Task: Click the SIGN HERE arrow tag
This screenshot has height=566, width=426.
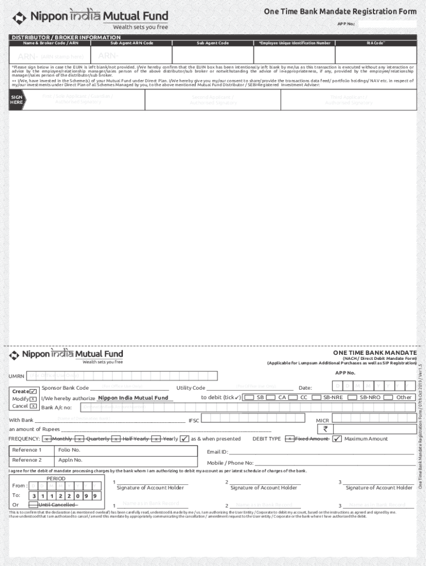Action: (x=17, y=99)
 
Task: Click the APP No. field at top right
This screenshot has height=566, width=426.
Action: (x=387, y=24)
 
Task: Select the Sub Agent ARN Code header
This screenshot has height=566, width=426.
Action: (x=132, y=43)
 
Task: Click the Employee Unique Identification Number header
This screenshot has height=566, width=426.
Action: (x=294, y=43)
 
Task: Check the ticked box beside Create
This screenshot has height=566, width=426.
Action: (x=33, y=391)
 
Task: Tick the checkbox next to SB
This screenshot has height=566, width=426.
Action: (x=249, y=397)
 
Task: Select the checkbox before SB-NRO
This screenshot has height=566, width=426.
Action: (x=354, y=397)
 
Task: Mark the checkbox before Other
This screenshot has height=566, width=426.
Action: (x=388, y=397)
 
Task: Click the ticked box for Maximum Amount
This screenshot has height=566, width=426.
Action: (x=337, y=439)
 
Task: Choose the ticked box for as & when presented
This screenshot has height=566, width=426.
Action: (x=184, y=439)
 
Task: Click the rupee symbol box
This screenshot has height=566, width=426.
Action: (x=326, y=428)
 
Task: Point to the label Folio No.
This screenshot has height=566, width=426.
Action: (x=70, y=450)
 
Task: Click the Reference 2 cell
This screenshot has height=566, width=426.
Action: (x=31, y=460)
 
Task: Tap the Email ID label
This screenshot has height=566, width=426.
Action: (x=217, y=452)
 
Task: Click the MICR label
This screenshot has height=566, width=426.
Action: (x=322, y=421)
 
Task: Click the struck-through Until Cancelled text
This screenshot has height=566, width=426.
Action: (x=57, y=505)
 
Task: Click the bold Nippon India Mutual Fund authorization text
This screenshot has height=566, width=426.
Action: (x=133, y=398)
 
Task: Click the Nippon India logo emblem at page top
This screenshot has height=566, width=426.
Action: (x=19, y=18)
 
